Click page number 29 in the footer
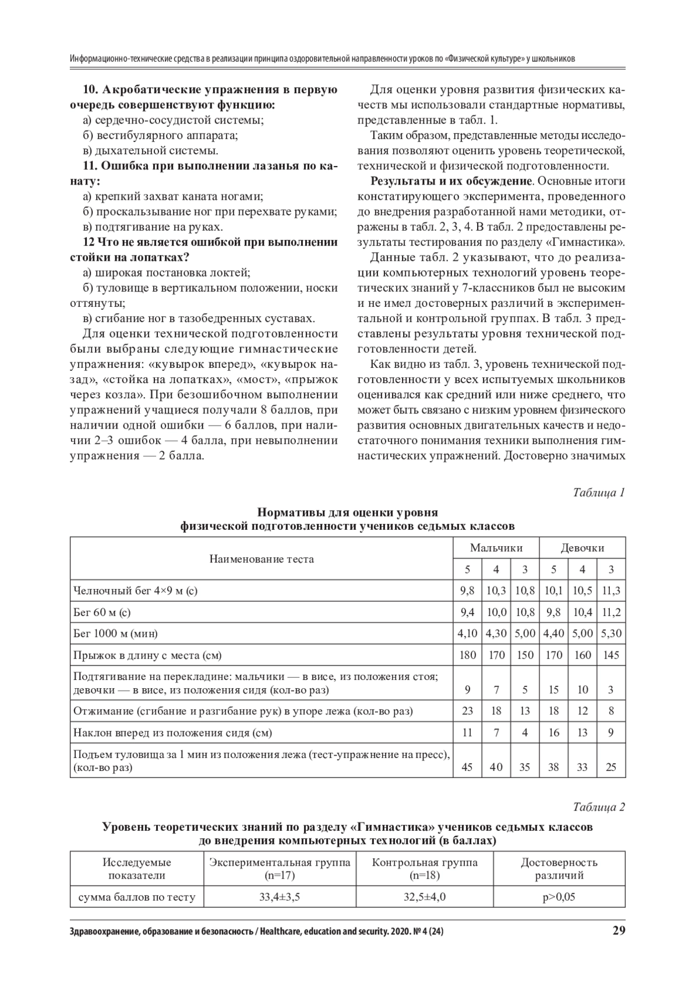click(x=619, y=947)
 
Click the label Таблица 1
click(x=599, y=493)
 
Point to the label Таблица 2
click(x=599, y=807)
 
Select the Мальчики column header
click(x=496, y=548)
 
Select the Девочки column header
click(x=582, y=548)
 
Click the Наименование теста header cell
click(x=262, y=559)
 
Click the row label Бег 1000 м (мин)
click(x=115, y=633)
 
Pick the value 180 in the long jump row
click(x=467, y=655)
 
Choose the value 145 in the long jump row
click(x=611, y=655)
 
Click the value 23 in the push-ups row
click(x=467, y=711)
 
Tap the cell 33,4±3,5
click(x=280, y=897)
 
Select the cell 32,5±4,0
click(x=425, y=897)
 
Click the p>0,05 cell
click(x=559, y=897)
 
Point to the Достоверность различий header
click(x=559, y=869)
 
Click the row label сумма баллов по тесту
click(x=137, y=897)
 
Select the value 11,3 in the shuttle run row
click(x=611, y=590)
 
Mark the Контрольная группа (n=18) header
click(x=425, y=869)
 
